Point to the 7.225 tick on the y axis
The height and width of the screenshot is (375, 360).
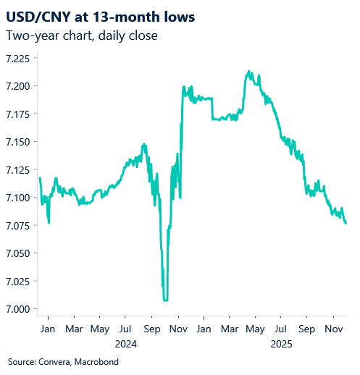(x=19, y=59)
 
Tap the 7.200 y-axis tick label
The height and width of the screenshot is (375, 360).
(x=19, y=87)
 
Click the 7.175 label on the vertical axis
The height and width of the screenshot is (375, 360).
(x=19, y=114)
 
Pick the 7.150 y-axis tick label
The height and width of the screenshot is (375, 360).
(x=19, y=142)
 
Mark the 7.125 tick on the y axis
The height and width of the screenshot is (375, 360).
(x=19, y=170)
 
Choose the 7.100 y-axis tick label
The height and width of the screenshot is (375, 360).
(x=19, y=198)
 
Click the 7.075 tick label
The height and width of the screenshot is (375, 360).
(x=19, y=226)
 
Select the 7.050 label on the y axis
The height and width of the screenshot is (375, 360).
(x=19, y=253)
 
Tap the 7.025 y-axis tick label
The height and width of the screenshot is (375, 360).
(x=19, y=282)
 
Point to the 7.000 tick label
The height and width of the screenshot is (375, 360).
(x=19, y=309)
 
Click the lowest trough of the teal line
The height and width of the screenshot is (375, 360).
(x=166, y=299)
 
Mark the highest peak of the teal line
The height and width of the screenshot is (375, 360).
(x=249, y=71)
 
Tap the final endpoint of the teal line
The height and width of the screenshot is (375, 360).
(x=346, y=223)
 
